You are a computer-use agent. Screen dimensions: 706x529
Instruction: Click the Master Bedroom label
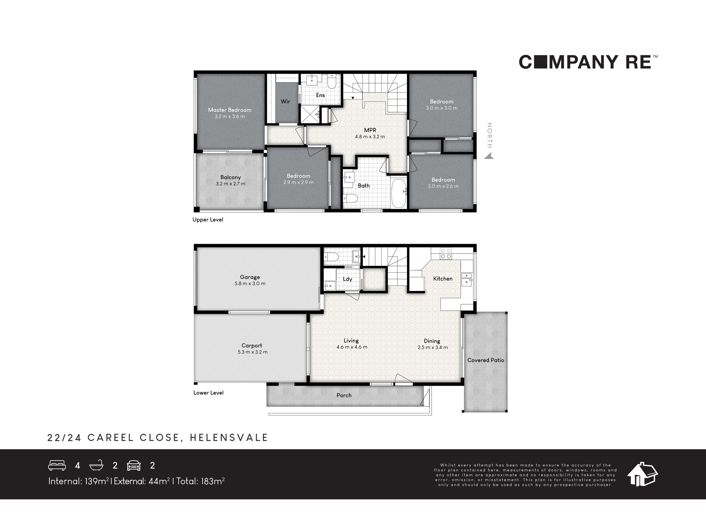[x=229, y=110]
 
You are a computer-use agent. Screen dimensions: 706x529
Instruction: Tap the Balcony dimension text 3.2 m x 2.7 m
[x=231, y=184]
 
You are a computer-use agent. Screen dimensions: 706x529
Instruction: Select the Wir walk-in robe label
[x=285, y=102]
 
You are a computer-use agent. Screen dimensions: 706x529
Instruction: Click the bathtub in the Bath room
[x=399, y=193]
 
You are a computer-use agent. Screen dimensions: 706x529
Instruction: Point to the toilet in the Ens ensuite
[x=331, y=82]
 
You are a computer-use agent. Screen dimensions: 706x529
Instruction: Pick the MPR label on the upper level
[x=370, y=130]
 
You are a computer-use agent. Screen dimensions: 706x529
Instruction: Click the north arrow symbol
[x=489, y=156]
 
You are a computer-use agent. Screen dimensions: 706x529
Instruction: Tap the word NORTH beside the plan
[x=489, y=135]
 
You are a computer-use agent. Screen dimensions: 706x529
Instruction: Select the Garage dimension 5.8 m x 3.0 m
[x=250, y=284]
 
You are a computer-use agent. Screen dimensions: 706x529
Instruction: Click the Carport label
[x=252, y=346]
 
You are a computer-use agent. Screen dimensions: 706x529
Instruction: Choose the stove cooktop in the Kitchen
[x=446, y=254]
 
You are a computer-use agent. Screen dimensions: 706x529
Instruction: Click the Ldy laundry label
[x=347, y=279]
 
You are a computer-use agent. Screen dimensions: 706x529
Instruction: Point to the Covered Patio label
[x=486, y=360]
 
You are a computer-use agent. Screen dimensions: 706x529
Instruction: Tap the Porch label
[x=344, y=395]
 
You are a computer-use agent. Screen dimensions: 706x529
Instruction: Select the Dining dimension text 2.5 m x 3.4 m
[x=433, y=347]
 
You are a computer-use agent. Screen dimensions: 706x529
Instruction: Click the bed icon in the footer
[x=57, y=466]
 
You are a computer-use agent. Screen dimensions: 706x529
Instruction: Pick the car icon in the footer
[x=134, y=466]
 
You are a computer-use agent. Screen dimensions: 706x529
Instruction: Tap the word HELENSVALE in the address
[x=229, y=438]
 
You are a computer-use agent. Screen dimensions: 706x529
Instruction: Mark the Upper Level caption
[x=208, y=220]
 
